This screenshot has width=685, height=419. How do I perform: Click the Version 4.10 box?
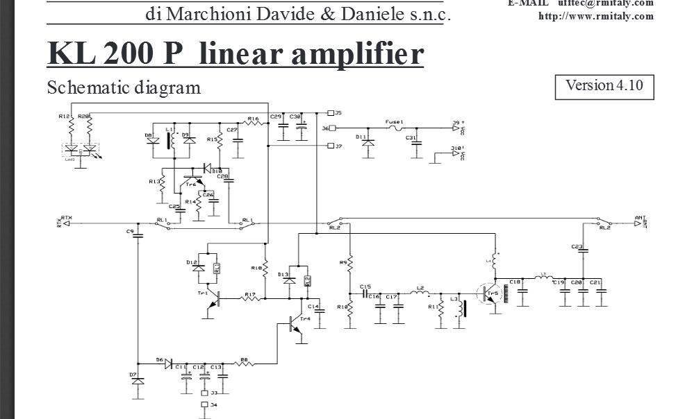(x=604, y=86)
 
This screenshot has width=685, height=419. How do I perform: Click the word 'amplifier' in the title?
(x=357, y=53)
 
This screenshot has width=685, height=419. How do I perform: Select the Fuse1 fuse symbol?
(x=395, y=128)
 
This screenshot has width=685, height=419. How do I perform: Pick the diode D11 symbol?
(x=368, y=143)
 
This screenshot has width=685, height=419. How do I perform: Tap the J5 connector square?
(x=330, y=112)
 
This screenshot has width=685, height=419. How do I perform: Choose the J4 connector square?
(x=204, y=404)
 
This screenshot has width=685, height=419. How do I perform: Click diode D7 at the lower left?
(x=138, y=381)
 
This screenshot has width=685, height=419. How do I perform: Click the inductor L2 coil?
(x=420, y=293)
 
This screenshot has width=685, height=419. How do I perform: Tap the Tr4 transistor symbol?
(x=297, y=326)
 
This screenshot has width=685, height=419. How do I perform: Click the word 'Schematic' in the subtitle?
(x=85, y=88)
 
